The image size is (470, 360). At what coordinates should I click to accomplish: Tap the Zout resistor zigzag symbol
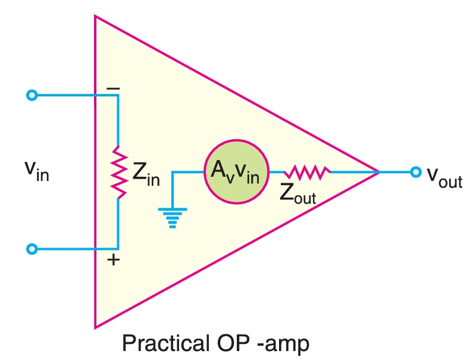(307, 173)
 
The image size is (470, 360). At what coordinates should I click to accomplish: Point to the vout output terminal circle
(415, 172)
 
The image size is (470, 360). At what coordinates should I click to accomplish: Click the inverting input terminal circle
(33, 95)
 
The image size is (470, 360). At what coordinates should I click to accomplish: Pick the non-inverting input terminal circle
(33, 249)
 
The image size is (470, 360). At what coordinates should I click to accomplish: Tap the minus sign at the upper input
(113, 89)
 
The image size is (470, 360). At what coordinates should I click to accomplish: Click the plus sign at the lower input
(113, 260)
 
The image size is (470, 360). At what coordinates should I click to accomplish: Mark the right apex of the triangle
(380, 172)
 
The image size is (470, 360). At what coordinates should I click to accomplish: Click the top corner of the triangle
(95, 16)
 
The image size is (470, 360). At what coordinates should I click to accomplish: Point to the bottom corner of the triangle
(95, 327)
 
